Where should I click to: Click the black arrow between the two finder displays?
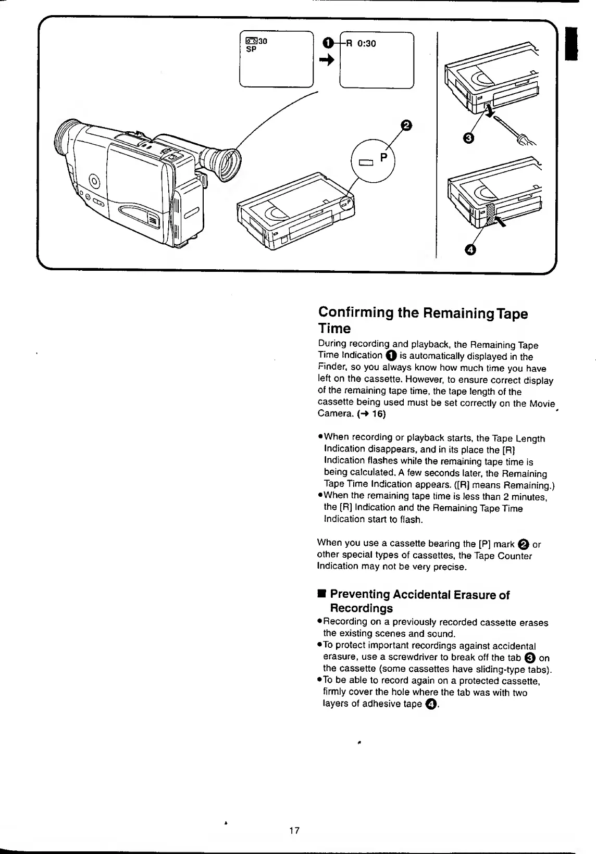pos(327,60)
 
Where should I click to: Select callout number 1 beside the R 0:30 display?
pos(326,44)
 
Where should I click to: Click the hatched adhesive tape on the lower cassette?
pos(489,213)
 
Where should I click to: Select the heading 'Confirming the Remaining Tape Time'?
pos(423,320)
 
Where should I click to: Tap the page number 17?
pos(294,830)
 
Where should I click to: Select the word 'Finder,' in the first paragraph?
pos(331,369)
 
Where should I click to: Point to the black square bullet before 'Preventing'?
pos(322,594)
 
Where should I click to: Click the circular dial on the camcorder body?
pos(94,182)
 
